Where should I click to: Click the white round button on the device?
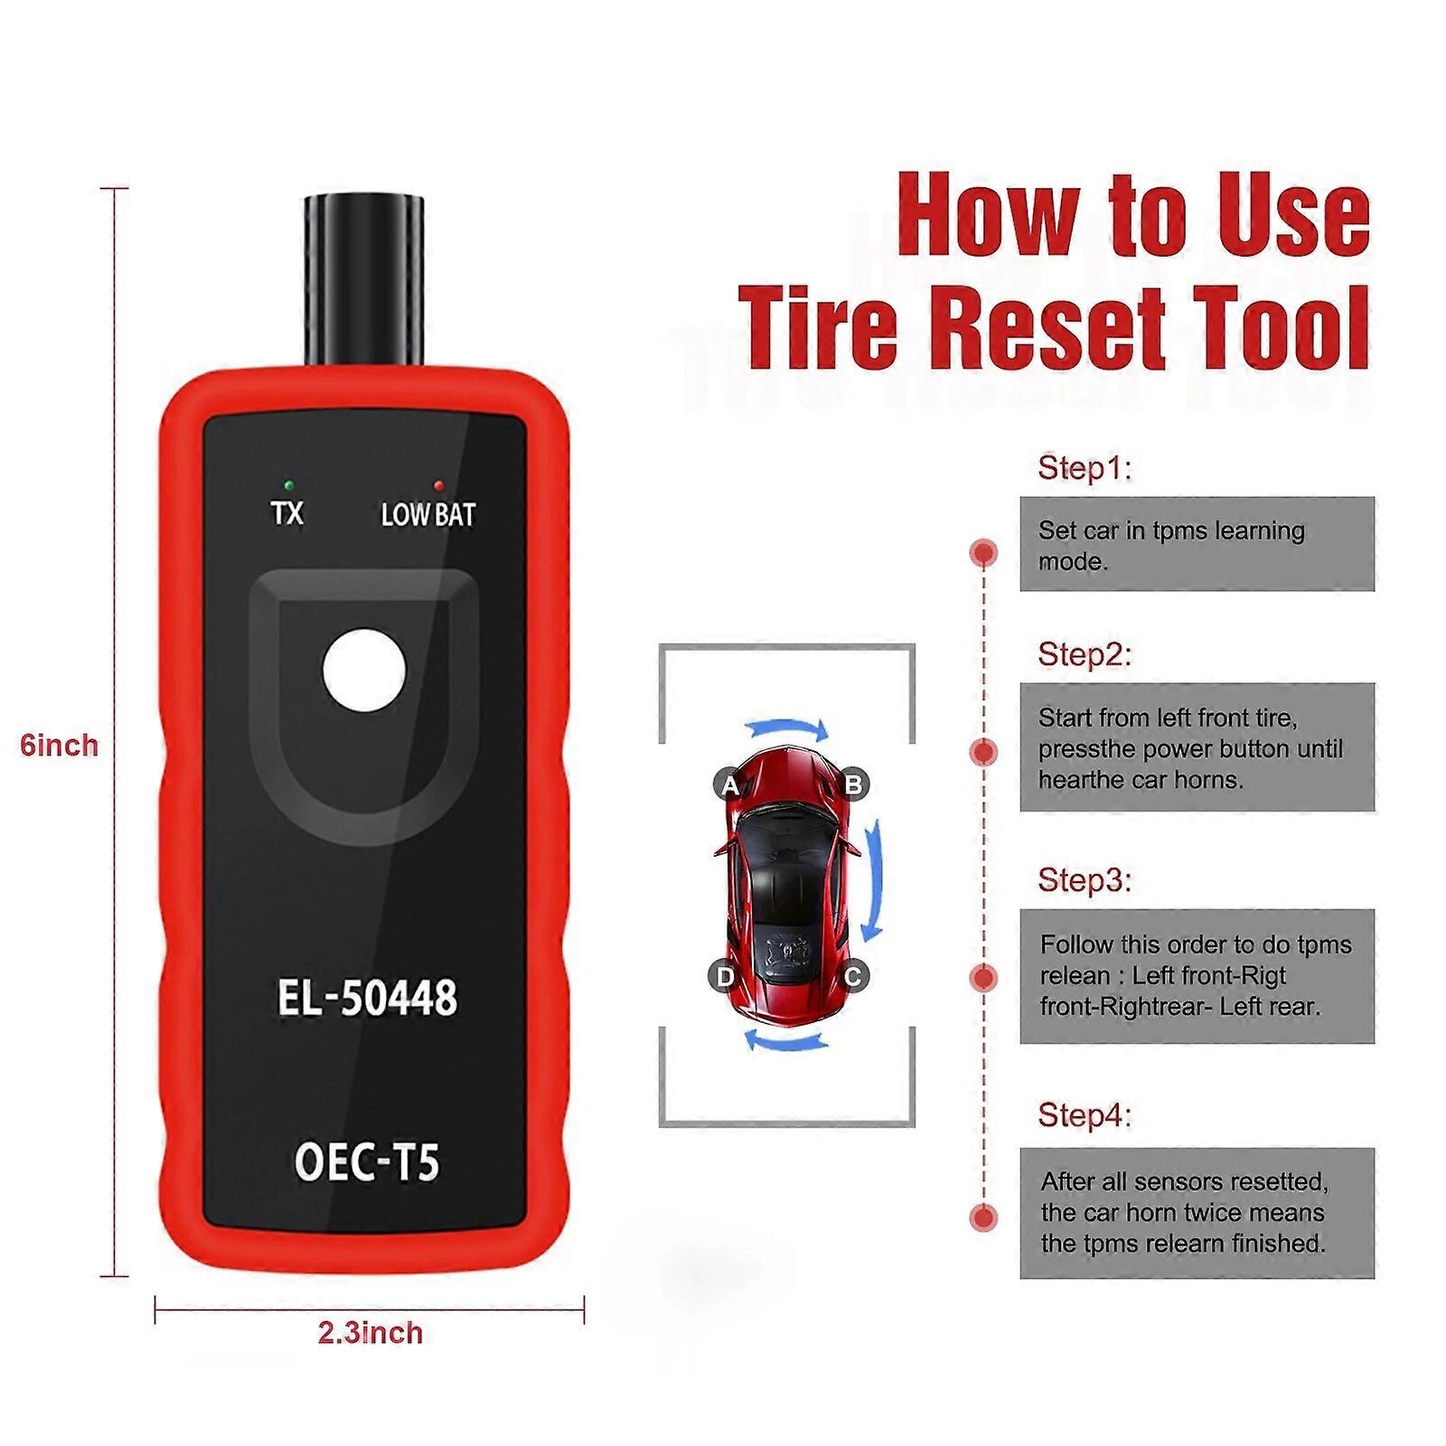363,671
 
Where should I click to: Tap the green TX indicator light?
286,485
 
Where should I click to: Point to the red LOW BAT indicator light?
439,485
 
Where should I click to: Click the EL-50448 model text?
367,999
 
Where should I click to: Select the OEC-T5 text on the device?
367,1160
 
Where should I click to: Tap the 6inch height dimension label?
59,746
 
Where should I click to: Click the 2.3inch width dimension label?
370,1333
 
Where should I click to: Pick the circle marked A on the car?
728,785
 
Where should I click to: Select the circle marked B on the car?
853,784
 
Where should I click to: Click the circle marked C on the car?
852,976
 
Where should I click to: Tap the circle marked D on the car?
724,977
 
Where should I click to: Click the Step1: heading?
1084,468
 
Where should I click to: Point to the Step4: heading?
1084,1115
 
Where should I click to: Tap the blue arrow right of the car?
874,881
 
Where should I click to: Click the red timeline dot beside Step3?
983,977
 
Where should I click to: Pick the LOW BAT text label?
427,515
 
